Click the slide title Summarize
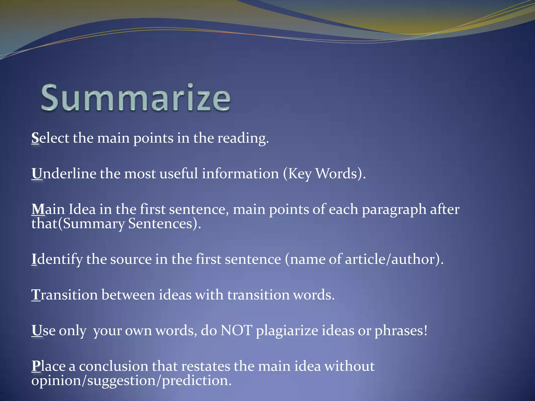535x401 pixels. (x=136, y=98)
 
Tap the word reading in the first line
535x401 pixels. (x=243, y=138)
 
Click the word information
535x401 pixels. (x=240, y=174)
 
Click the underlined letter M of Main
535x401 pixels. (x=38, y=209)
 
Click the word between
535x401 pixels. (x=128, y=295)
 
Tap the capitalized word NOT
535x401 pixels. (x=236, y=331)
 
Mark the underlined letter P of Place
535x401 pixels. (x=36, y=366)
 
